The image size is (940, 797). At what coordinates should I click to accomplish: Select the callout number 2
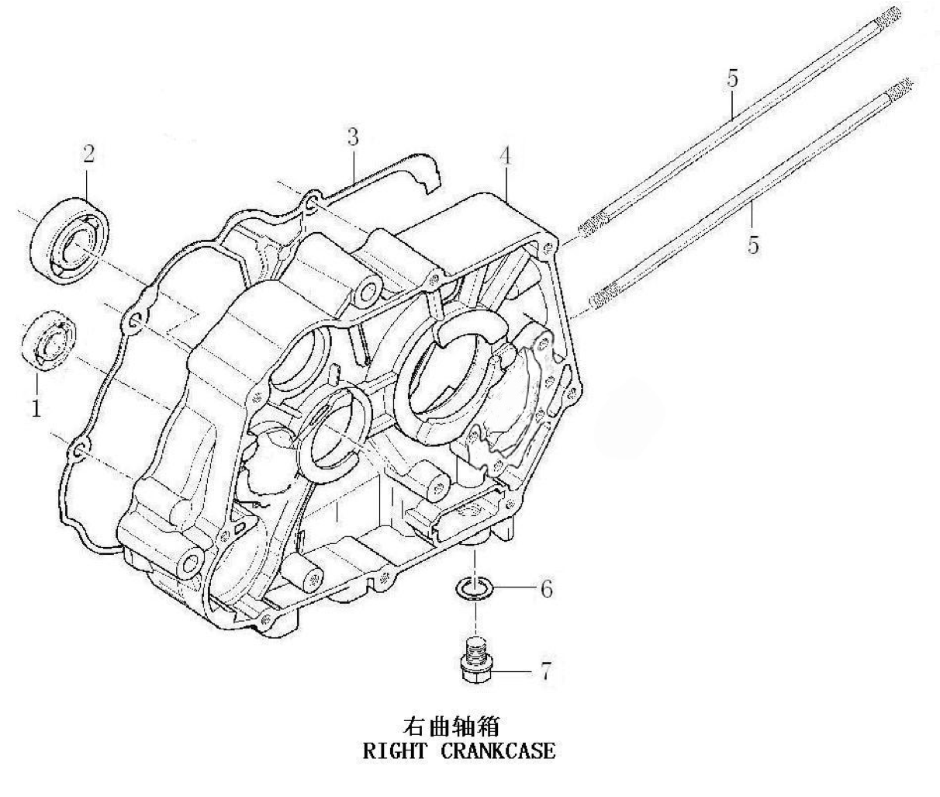coord(88,153)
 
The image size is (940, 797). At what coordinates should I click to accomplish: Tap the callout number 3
coord(353,137)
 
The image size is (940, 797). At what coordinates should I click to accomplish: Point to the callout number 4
coord(505,155)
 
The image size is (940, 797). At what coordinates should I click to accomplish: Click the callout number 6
coord(546,589)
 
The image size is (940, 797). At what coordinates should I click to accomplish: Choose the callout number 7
coord(545,671)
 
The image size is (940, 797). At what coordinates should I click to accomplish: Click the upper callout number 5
coord(732,78)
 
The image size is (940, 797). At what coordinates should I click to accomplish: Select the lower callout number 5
coord(752,246)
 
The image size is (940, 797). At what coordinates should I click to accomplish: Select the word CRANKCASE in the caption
coord(498,751)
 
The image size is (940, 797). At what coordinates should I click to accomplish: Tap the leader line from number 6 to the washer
coord(512,589)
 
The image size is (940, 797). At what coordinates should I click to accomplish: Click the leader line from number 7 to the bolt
coord(513,670)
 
